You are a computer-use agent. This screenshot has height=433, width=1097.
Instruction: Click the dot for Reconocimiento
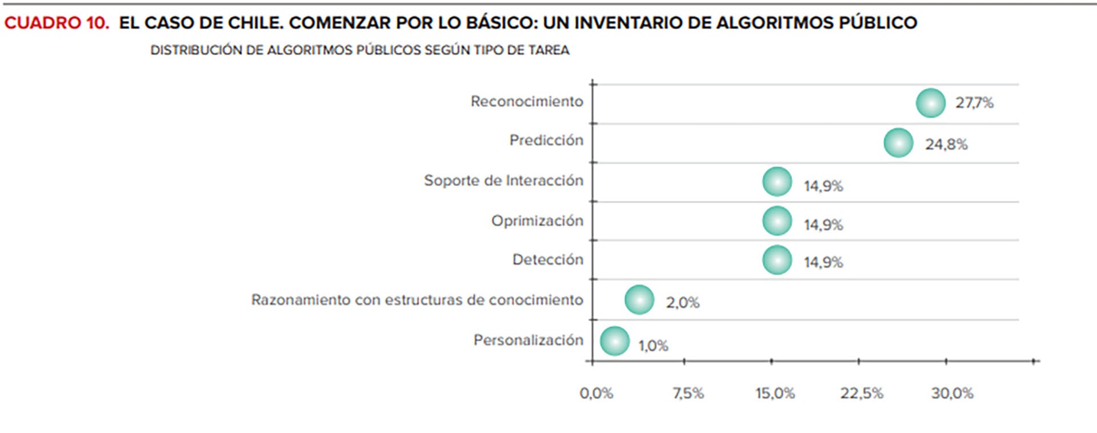tap(931, 103)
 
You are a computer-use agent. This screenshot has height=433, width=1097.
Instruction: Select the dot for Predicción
tap(898, 143)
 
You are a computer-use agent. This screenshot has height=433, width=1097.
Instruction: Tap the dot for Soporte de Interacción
tap(777, 182)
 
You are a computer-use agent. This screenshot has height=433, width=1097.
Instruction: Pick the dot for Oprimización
tap(777, 221)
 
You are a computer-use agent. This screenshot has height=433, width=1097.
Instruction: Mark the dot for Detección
tap(777, 260)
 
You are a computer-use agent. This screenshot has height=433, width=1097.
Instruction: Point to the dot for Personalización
tap(615, 341)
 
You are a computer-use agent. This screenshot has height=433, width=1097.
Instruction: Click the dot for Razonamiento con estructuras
tap(639, 300)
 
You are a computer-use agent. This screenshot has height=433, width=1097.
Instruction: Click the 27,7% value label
tap(974, 103)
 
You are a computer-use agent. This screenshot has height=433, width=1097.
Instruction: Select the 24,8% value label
tap(946, 145)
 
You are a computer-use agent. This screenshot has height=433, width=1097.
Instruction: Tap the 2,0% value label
tap(682, 303)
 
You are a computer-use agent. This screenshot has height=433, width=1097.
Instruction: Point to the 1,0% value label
tap(653, 346)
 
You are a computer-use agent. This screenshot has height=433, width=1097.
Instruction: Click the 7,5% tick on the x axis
tap(688, 393)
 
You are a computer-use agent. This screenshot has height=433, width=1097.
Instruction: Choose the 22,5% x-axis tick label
tap(861, 393)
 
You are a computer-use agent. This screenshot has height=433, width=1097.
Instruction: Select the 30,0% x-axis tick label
tap(952, 393)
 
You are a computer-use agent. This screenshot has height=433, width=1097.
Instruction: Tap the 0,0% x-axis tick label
tap(596, 393)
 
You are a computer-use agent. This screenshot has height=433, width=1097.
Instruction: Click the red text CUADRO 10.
tap(56, 23)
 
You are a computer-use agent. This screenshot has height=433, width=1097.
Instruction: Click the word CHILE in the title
tap(255, 23)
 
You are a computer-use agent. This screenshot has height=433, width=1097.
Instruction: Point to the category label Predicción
tap(546, 141)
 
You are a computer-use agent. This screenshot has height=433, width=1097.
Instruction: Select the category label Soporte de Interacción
tap(503, 181)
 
